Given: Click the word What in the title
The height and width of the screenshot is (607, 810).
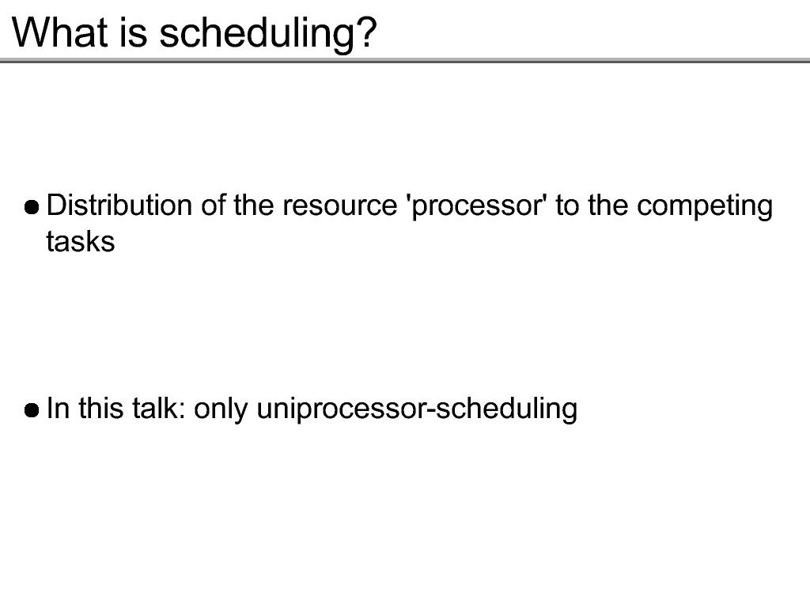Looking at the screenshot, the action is pyautogui.click(x=60, y=32).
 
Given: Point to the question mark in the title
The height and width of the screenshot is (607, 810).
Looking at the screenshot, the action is pyautogui.click(x=366, y=32).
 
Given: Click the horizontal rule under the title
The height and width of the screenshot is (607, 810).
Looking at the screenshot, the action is pyautogui.click(x=405, y=61).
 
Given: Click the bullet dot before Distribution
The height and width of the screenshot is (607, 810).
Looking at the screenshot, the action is pyautogui.click(x=32, y=208).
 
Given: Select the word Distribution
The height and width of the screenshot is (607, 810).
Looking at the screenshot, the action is pyautogui.click(x=119, y=205).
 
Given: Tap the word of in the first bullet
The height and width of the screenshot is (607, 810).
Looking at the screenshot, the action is pyautogui.click(x=214, y=205).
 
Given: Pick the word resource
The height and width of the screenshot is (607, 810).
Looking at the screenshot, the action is pyautogui.click(x=339, y=206).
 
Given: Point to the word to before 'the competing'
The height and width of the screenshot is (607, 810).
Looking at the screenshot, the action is pyautogui.click(x=567, y=206).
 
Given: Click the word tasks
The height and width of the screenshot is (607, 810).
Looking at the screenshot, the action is pyautogui.click(x=81, y=242).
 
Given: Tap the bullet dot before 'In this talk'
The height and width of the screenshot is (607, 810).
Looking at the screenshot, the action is pyautogui.click(x=32, y=410).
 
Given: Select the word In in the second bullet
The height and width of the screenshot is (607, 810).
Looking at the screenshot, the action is pyautogui.click(x=58, y=408).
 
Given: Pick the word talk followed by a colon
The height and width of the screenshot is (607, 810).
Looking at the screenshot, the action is pyautogui.click(x=158, y=408).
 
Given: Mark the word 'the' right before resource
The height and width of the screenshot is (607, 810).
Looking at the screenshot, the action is pyautogui.click(x=254, y=205).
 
